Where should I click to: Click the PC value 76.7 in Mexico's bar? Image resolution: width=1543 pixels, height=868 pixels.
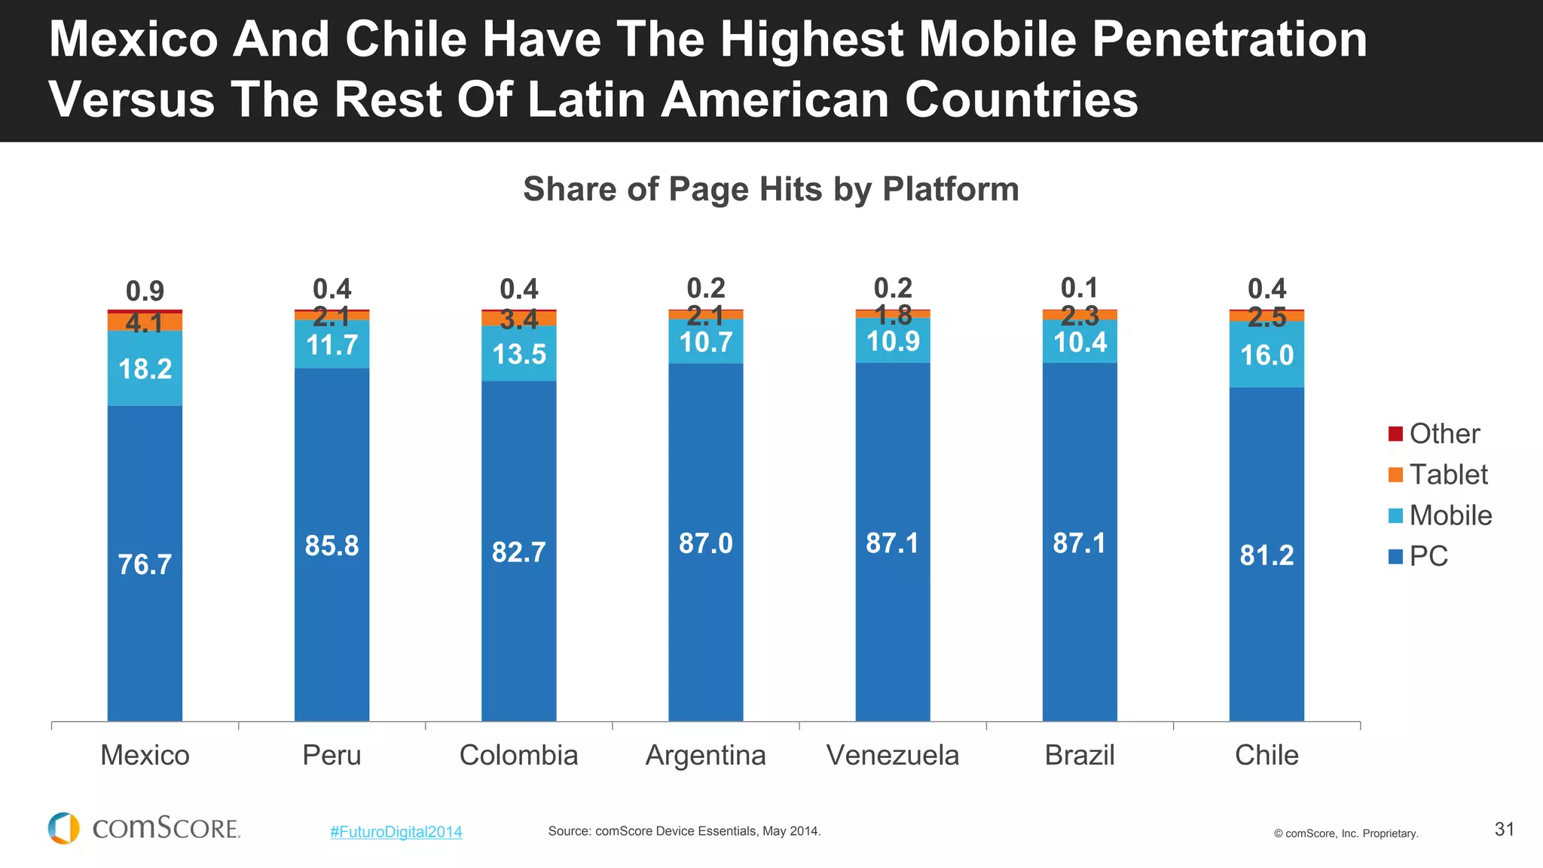click(145, 564)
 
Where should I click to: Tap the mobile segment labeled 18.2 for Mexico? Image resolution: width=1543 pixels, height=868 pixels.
click(145, 369)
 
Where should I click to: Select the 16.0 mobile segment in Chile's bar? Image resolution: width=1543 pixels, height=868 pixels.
click(1266, 355)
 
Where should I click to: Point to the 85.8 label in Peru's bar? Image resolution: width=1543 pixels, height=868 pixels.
click(332, 546)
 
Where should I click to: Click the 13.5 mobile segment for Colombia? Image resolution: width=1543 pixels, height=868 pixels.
click(518, 354)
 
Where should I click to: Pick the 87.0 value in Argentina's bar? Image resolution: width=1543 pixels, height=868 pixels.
click(705, 543)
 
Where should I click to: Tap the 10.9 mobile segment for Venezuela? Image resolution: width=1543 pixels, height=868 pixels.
click(893, 341)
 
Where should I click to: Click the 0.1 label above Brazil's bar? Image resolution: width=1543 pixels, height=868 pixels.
click(1079, 288)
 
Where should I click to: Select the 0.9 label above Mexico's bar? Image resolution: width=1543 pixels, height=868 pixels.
click(145, 291)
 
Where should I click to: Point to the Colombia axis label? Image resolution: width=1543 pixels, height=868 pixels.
click(518, 755)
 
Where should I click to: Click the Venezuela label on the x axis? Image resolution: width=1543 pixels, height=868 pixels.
click(893, 755)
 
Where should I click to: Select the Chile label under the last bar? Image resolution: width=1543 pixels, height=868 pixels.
click(1266, 755)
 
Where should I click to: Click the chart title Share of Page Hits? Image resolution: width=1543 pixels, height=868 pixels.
click(771, 189)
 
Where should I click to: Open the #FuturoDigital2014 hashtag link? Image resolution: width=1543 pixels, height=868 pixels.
click(396, 832)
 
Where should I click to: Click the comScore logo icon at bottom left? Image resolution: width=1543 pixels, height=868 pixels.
click(64, 828)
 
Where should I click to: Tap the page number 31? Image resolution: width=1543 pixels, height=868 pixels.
click(1504, 830)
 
